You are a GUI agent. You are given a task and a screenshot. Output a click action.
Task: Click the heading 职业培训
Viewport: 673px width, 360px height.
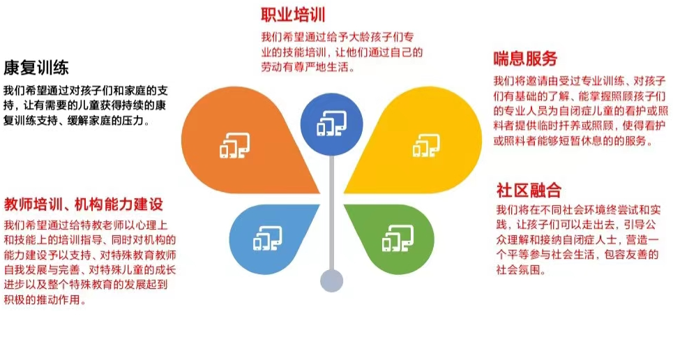pyautogui.click(x=293, y=15)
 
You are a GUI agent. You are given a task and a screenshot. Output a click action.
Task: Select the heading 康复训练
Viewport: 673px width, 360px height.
pyautogui.click(x=36, y=68)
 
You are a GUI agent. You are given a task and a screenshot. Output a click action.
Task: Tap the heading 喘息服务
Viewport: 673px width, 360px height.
pyautogui.click(x=525, y=59)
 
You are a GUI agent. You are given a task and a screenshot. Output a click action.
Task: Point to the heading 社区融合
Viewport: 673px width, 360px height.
pyautogui.click(x=529, y=190)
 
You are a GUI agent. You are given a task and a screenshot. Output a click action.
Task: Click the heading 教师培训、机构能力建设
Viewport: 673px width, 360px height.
pyautogui.click(x=84, y=204)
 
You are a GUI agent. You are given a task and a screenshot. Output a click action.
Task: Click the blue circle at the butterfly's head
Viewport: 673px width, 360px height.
pyautogui.click(x=331, y=125)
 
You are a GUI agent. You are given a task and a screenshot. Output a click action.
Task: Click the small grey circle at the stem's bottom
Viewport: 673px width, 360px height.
pyautogui.click(x=332, y=281)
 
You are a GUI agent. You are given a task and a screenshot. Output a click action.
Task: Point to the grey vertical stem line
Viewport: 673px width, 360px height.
pyautogui.click(x=332, y=213)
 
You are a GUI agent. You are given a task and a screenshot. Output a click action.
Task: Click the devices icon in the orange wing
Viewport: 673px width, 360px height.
pyautogui.click(x=235, y=145)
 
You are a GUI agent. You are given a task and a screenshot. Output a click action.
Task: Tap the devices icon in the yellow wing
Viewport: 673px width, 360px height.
pyautogui.click(x=426, y=145)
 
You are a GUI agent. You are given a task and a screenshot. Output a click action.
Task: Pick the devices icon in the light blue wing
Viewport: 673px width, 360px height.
pyautogui.click(x=267, y=238)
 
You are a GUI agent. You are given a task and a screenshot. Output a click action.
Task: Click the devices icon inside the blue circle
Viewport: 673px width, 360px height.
pyautogui.click(x=332, y=123)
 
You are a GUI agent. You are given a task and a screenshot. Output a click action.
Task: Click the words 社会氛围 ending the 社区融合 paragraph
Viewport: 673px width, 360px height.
pyautogui.click(x=518, y=270)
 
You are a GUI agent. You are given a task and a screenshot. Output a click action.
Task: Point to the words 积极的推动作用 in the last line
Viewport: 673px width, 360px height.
pyautogui.click(x=42, y=299)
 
